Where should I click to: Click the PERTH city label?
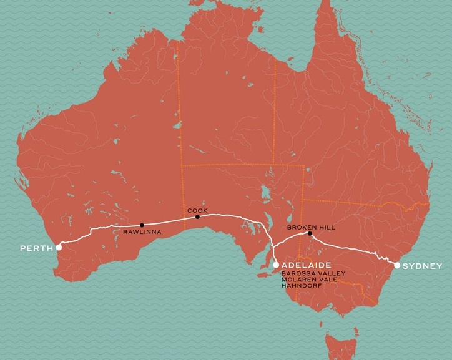36,248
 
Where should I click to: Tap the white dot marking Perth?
59,247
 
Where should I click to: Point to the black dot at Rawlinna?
142,225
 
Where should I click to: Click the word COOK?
196,210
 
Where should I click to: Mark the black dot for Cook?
197,217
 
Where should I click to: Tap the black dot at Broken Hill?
310,234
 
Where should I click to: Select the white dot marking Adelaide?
276,265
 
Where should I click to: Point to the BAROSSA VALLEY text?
308,273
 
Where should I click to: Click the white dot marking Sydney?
397,265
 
